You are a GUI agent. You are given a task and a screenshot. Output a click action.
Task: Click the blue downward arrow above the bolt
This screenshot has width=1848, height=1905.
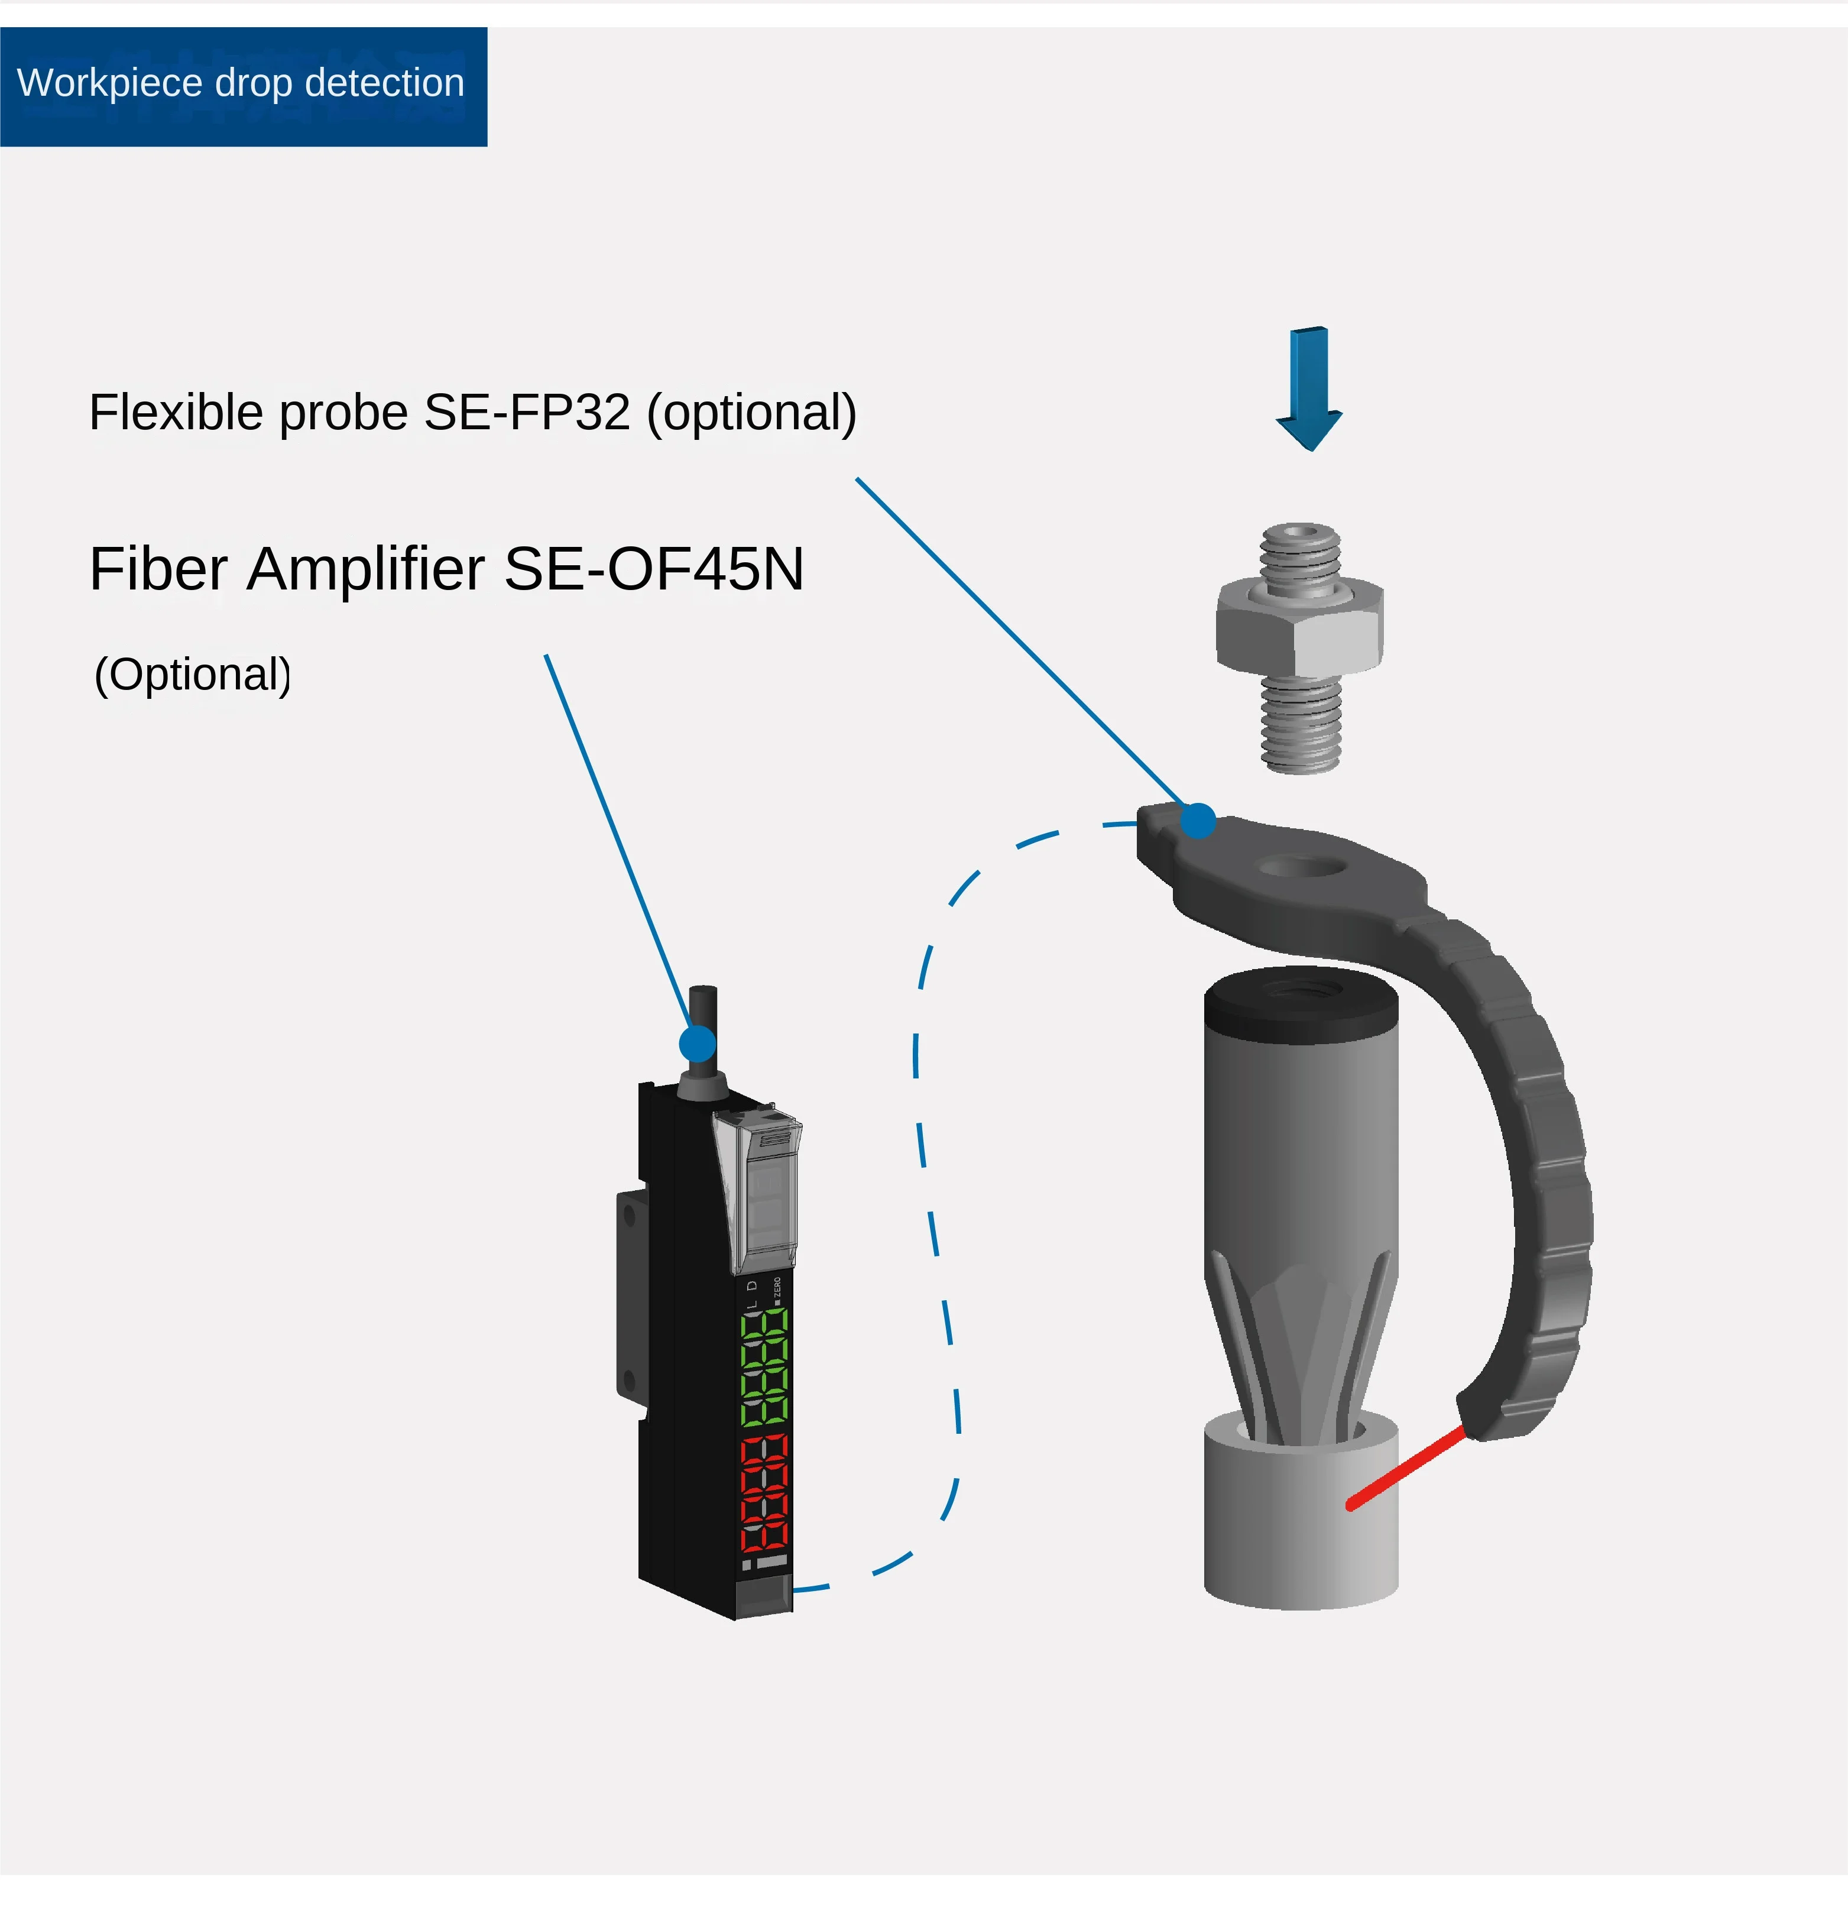click(1309, 389)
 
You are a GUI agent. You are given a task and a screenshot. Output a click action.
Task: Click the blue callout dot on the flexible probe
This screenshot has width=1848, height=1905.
click(1198, 820)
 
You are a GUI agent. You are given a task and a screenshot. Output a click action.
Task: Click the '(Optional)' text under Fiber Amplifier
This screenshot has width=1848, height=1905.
click(192, 675)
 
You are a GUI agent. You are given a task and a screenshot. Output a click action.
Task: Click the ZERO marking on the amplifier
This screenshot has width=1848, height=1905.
click(777, 1288)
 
